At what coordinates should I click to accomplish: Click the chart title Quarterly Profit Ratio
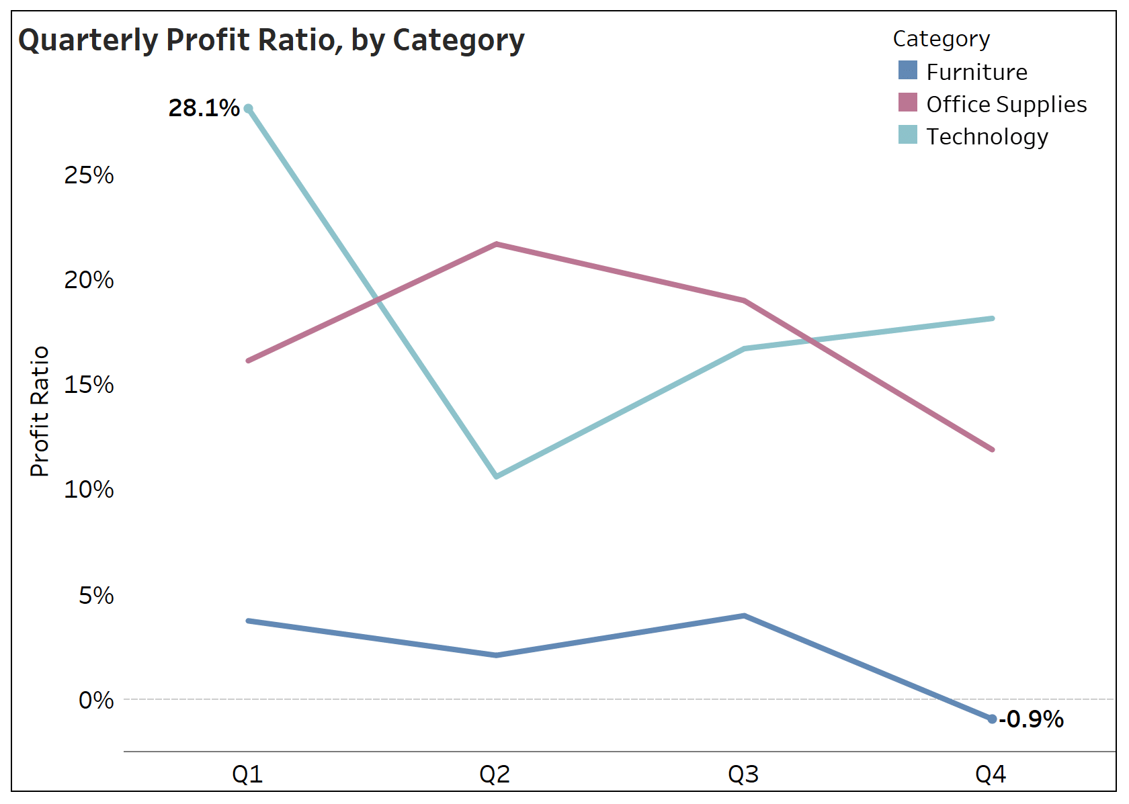click(x=271, y=40)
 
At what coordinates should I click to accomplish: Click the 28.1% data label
click(x=204, y=108)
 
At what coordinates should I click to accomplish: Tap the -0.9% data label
click(x=1031, y=719)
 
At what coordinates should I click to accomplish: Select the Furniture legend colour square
click(x=907, y=71)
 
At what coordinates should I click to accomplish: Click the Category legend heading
click(x=941, y=39)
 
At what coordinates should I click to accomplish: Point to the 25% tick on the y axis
click(x=89, y=175)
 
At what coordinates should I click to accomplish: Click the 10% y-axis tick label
click(x=89, y=490)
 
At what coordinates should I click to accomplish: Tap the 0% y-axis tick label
click(x=96, y=701)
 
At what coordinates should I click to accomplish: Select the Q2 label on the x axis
click(x=495, y=774)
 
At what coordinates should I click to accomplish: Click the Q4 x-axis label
click(x=991, y=774)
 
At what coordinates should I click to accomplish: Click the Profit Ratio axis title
click(x=40, y=411)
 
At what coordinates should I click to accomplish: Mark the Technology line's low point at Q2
click(x=496, y=476)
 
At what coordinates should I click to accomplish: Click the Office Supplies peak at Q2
click(x=496, y=244)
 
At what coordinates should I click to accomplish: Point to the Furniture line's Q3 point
click(x=744, y=616)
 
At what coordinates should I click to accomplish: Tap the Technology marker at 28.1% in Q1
click(x=248, y=108)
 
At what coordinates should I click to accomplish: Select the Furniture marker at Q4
click(x=992, y=719)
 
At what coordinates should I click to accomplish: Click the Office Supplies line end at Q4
click(x=992, y=449)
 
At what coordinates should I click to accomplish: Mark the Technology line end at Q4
click(x=992, y=318)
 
